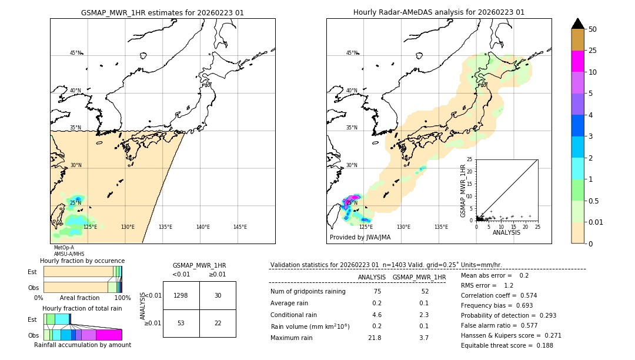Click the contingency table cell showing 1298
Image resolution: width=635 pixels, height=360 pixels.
pyautogui.click(x=181, y=295)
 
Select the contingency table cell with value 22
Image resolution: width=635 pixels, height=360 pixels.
pyautogui.click(x=218, y=323)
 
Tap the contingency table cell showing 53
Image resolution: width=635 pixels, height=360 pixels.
pyautogui.click(x=181, y=323)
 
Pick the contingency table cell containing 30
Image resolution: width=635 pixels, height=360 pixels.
pyautogui.click(x=218, y=295)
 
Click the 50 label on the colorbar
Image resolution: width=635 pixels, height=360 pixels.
pyautogui.click(x=593, y=29)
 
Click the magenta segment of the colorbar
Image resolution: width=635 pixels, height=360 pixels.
pyautogui.click(x=577, y=61)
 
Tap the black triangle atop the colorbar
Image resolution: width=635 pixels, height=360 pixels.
pyautogui.click(x=577, y=24)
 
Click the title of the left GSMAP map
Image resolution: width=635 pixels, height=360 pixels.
pyautogui.click(x=162, y=12)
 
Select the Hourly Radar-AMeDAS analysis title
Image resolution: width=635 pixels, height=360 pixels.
pyautogui.click(x=439, y=12)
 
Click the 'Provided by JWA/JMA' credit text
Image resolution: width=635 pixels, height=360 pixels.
pyautogui.click(x=360, y=237)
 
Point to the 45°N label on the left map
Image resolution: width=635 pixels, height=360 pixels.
pyautogui.click(x=76, y=53)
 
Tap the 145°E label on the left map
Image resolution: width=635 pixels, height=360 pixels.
pyautogui.click(x=240, y=227)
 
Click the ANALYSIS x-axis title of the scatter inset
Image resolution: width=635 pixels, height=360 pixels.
pyautogui.click(x=506, y=232)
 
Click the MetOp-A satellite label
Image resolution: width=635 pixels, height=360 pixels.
pyautogui.click(x=63, y=248)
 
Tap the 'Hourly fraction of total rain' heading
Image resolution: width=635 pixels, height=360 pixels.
pyautogui.click(x=82, y=308)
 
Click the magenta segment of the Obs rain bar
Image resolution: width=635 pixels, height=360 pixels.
pyautogui.click(x=109, y=335)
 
